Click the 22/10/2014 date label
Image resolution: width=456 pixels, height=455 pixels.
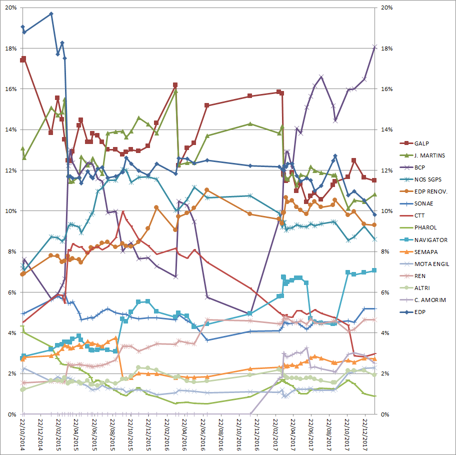pos(23,434)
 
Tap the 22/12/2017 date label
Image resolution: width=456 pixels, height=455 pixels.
pos(365,434)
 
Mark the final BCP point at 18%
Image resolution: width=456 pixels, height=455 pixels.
pos(375,46)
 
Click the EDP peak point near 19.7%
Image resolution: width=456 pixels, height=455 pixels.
pos(51,13)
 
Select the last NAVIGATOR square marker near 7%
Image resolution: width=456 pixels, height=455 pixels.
pos(374,270)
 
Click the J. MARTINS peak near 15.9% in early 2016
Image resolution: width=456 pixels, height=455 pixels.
pos(175,91)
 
